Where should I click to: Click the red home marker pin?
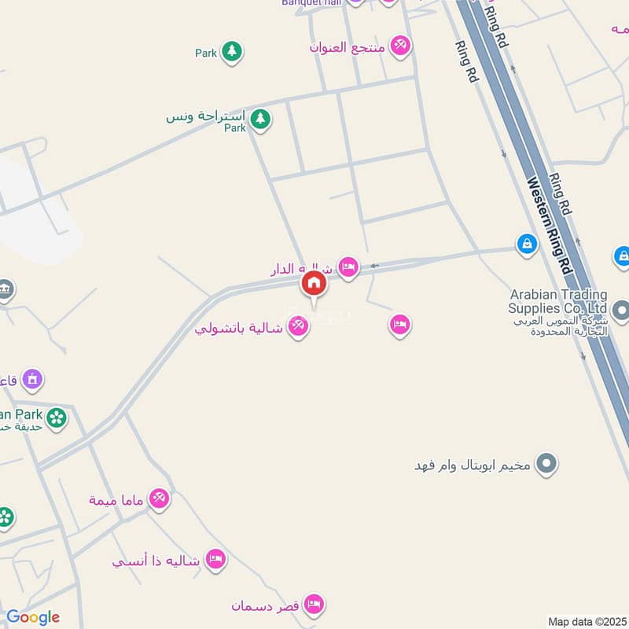pos(314,285)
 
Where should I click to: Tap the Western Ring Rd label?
pos(549,224)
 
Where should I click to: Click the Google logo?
pos(32,618)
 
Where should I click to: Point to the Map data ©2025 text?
pos(586,622)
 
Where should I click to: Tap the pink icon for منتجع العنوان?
pos(401,46)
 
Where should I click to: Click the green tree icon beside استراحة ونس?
pos(260,120)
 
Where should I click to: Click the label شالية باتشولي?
pos(239,328)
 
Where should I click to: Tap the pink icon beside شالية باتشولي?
pos(297,325)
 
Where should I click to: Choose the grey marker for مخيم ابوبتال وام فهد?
pos(546,464)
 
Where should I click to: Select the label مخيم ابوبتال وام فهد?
pos(474,465)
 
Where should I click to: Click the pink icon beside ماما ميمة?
pos(160,498)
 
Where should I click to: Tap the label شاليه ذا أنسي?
pos(156,562)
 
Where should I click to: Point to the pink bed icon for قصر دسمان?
pos(314,605)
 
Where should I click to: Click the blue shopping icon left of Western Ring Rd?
pos(527,245)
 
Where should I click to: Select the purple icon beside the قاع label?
pos(32,381)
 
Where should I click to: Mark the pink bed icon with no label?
pos(400,324)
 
